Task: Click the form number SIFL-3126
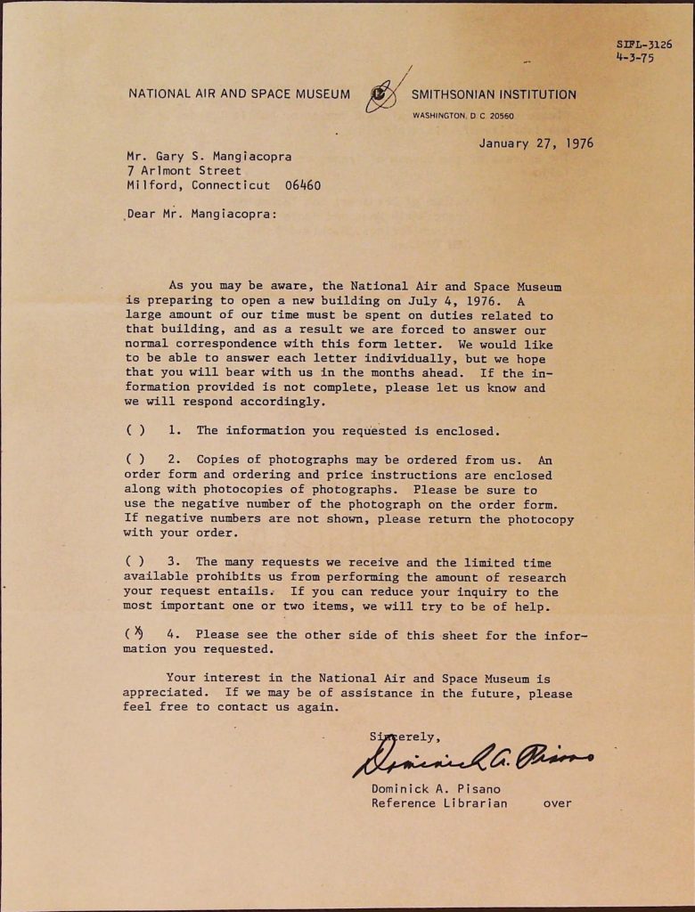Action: click(643, 44)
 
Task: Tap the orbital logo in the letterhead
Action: click(381, 94)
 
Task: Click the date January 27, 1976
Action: click(536, 142)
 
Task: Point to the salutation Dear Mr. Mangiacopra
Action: click(201, 214)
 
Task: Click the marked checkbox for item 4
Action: click(137, 634)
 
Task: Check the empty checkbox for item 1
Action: click(136, 430)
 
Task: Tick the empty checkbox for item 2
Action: click(136, 460)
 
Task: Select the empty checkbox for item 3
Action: click(136, 562)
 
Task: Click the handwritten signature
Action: click(472, 758)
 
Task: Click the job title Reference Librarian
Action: click(439, 803)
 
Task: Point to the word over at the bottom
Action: click(557, 803)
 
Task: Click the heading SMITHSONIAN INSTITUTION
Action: click(494, 94)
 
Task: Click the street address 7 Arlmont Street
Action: click(184, 171)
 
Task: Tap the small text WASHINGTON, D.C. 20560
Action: click(462, 116)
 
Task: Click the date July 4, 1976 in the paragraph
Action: click(456, 301)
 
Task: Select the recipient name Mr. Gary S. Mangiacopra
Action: click(208, 156)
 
